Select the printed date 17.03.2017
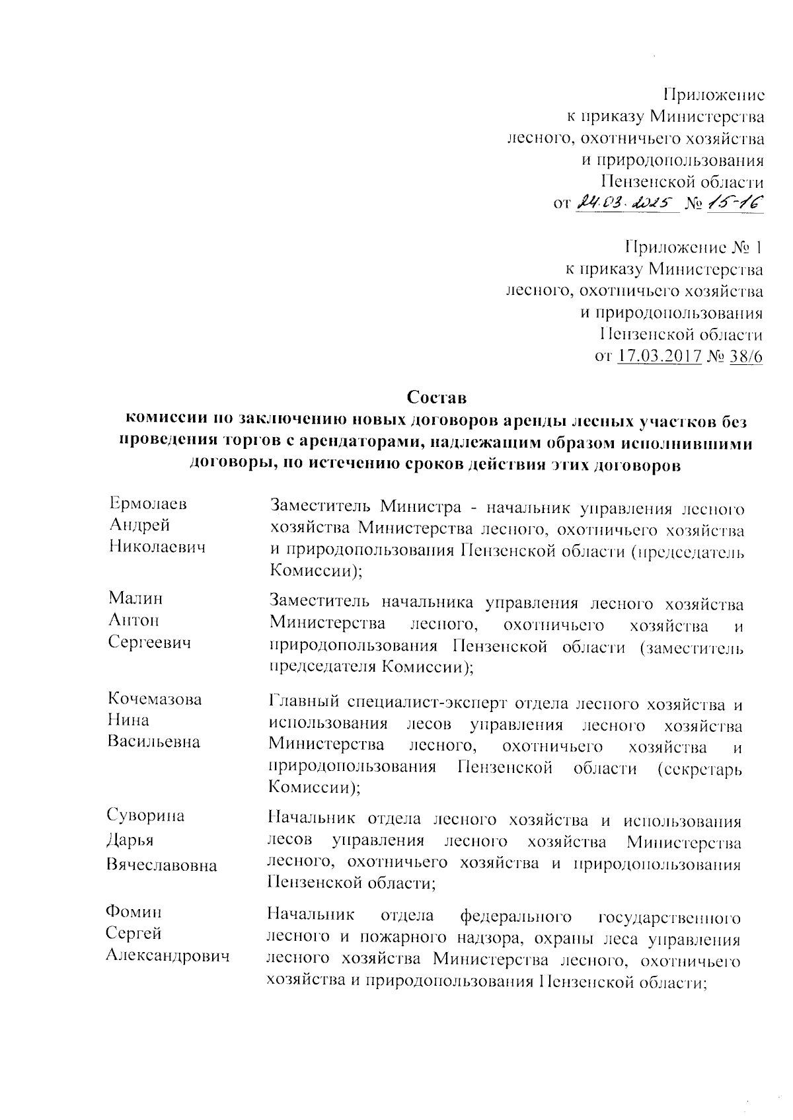(x=659, y=357)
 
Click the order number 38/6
(x=746, y=357)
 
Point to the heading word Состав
(x=437, y=398)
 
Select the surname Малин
(x=135, y=598)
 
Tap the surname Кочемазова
(x=155, y=700)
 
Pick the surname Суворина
(x=146, y=816)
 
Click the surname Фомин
(x=134, y=912)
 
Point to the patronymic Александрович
(x=169, y=956)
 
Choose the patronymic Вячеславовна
(x=162, y=865)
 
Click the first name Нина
(x=128, y=720)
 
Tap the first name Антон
(x=133, y=620)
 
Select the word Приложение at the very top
(x=714, y=95)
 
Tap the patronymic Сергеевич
(x=149, y=642)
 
